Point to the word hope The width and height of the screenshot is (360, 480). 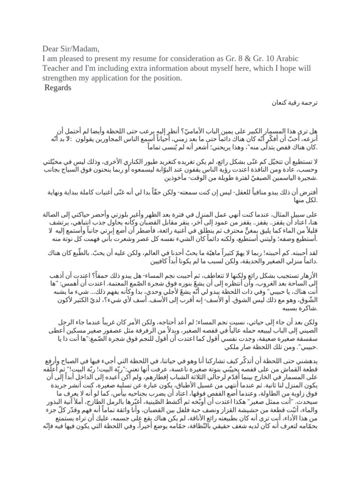click(291, 67)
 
